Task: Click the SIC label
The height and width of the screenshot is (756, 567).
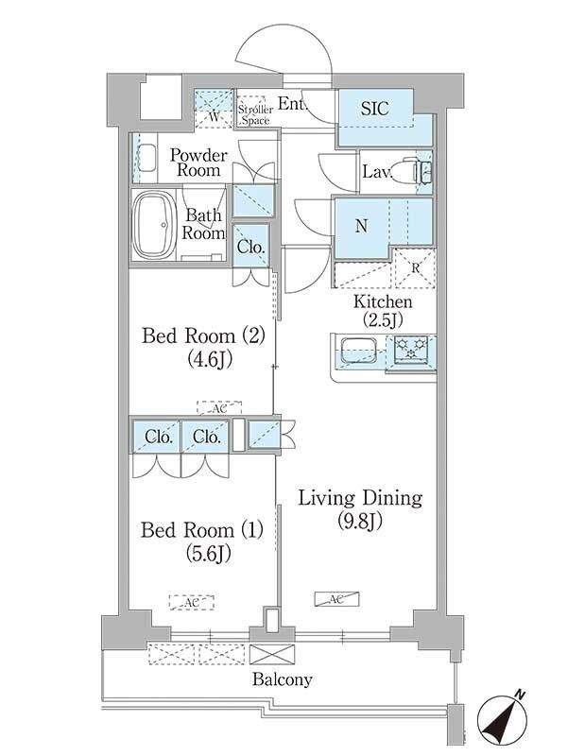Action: click(x=374, y=108)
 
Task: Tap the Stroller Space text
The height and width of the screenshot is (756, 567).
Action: click(x=255, y=115)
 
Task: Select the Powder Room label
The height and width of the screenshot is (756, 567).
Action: click(x=198, y=163)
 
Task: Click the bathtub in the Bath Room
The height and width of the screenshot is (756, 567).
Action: click(x=154, y=226)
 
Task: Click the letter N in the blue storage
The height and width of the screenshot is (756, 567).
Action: click(x=361, y=226)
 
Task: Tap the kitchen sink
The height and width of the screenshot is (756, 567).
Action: click(x=359, y=351)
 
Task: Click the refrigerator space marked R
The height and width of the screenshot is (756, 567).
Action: click(x=415, y=268)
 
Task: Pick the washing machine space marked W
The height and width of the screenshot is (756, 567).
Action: click(x=215, y=110)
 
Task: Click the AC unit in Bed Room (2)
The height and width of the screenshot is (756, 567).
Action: click(x=219, y=408)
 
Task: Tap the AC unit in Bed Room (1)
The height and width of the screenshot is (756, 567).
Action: click(x=192, y=602)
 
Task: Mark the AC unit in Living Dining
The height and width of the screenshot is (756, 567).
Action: click(x=336, y=599)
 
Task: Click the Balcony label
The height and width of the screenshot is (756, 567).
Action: click(x=282, y=679)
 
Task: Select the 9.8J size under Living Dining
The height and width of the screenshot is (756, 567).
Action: click(x=359, y=522)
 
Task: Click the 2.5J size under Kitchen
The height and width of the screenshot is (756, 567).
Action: click(x=384, y=319)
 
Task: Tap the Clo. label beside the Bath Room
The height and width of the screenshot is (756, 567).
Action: click(x=250, y=247)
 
